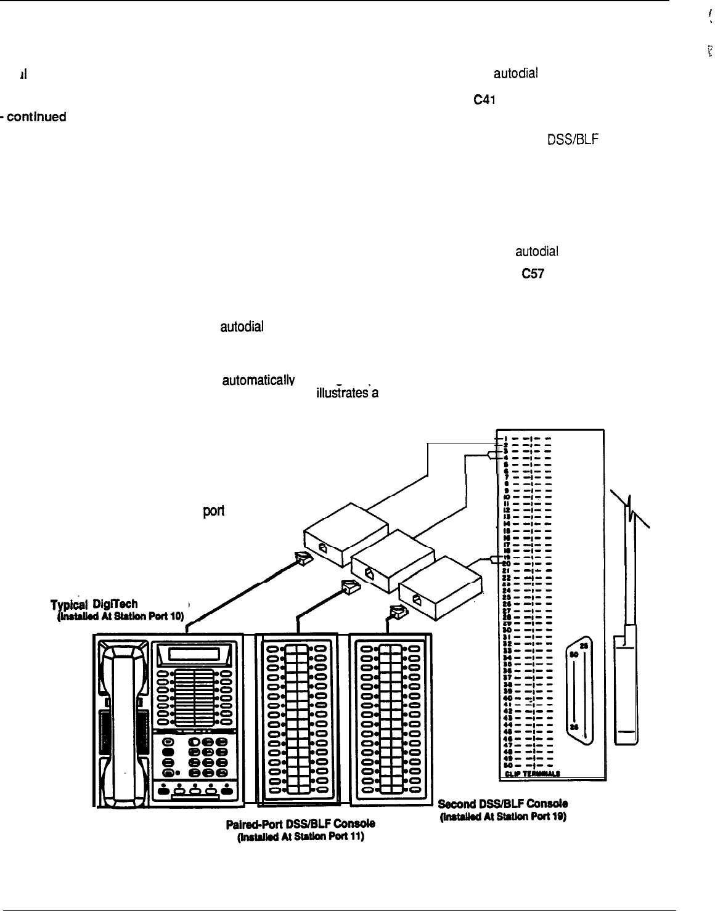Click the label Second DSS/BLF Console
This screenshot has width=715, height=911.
[x=502, y=804]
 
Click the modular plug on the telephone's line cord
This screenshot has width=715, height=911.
[x=303, y=558]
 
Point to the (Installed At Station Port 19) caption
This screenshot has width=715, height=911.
[x=502, y=817]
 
